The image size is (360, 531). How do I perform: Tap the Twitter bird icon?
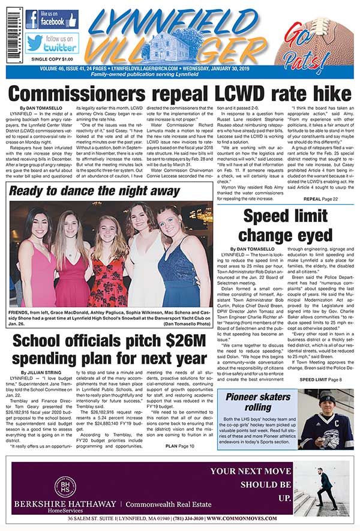(x=34, y=43)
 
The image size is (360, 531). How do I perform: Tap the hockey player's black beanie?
(x=326, y=397)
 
